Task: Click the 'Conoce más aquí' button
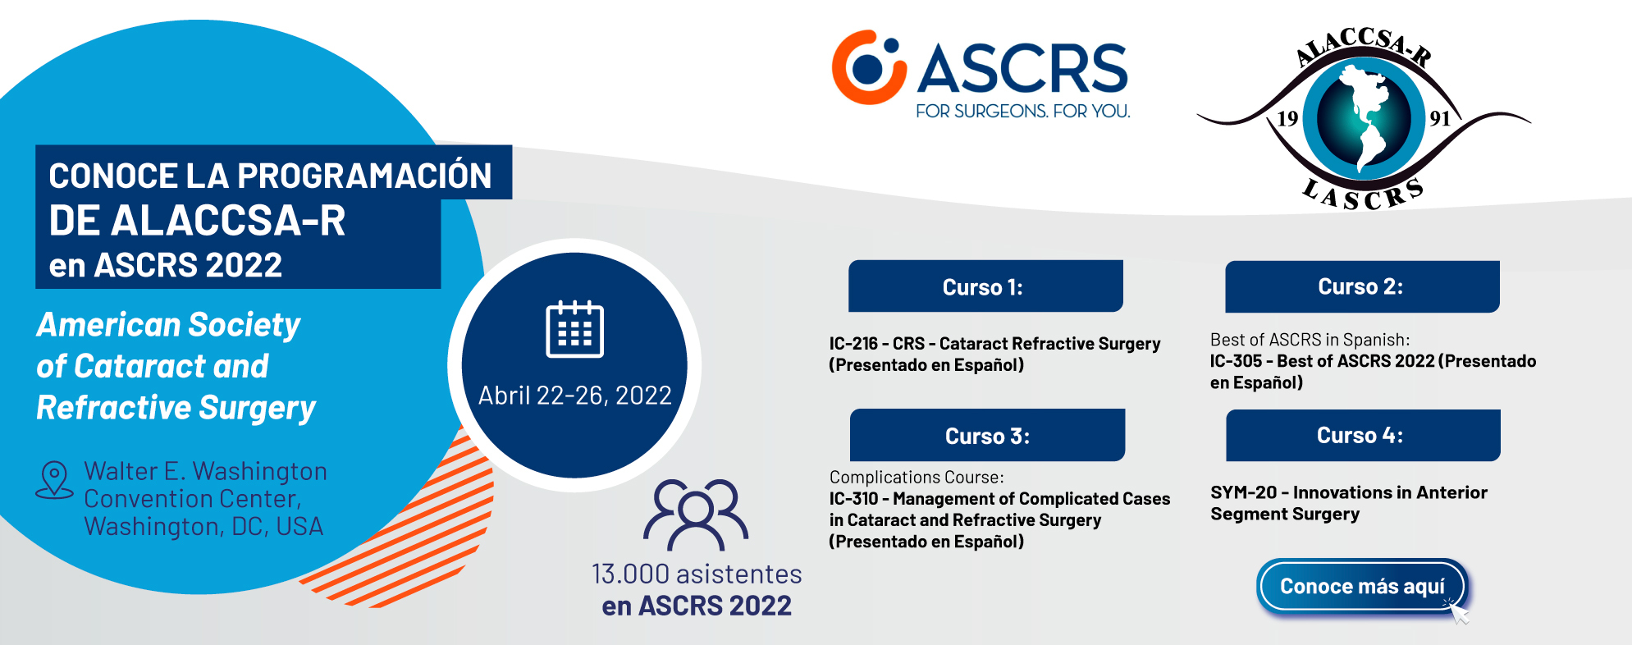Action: [1362, 586]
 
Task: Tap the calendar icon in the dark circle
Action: [575, 330]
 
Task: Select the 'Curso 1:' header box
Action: [985, 286]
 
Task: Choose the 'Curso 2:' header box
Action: [1362, 286]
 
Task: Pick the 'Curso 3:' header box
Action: [987, 435]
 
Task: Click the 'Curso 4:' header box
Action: [1363, 435]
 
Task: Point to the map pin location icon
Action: [54, 480]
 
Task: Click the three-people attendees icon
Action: [696, 515]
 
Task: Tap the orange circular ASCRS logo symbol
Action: [869, 67]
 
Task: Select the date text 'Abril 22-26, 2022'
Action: [575, 396]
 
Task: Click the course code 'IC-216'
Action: [853, 344]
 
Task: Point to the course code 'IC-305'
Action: [1236, 361]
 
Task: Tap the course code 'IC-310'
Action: [853, 499]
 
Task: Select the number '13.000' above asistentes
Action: [630, 574]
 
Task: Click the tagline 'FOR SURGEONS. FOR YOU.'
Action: [1023, 111]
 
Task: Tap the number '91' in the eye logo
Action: [1440, 118]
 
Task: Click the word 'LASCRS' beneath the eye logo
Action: [1363, 195]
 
